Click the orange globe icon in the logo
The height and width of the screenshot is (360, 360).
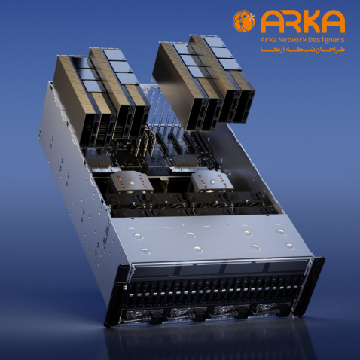[x=243, y=21]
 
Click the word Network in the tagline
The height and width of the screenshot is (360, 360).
[x=291, y=40]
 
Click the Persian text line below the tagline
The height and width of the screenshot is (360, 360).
[x=303, y=49]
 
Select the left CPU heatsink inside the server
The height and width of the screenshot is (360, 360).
[x=131, y=182]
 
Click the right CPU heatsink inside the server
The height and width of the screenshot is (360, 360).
[x=212, y=182]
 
